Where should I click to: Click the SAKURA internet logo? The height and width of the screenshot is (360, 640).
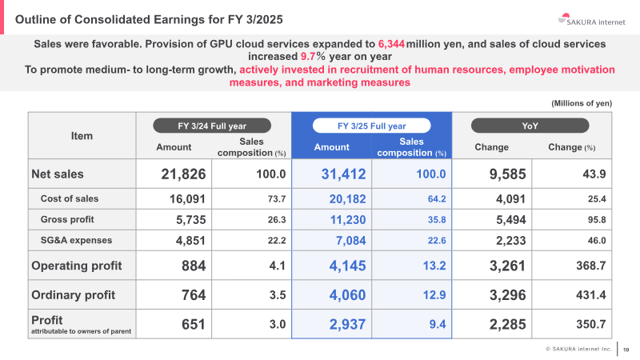591,19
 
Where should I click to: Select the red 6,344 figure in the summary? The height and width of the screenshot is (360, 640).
391,44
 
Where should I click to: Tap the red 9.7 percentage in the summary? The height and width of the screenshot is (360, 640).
308,56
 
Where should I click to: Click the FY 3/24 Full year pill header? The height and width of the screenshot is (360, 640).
212,126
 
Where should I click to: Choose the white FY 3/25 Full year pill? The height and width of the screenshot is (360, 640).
371,126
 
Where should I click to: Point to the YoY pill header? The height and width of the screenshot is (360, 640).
530,126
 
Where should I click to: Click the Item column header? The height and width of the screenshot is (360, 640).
82,136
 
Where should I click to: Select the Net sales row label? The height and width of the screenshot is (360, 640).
58,174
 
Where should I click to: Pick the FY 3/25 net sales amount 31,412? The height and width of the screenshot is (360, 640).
344,174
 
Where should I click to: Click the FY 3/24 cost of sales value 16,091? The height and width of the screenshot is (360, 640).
188,198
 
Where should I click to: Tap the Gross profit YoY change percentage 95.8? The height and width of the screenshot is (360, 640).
597,219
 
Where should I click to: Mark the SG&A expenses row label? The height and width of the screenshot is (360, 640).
76,241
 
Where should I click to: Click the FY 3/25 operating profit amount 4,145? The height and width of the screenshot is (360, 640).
348,266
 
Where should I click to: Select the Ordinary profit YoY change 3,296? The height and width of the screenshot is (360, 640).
508,295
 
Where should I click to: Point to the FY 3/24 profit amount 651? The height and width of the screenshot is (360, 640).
194,325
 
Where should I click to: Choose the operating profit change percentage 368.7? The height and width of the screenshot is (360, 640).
591,266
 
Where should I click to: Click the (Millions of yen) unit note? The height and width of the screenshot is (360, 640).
582,103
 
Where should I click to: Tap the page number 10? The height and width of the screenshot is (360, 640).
626,350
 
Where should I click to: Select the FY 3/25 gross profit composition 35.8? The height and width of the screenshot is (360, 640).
437,219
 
